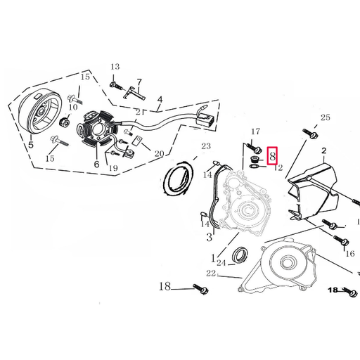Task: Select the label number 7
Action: click(139, 82)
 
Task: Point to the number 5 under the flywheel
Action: click(30, 146)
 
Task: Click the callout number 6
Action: click(96, 164)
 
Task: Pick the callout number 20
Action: click(158, 154)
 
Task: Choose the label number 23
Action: click(205, 146)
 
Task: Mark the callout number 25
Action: click(325, 117)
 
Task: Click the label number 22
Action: click(210, 272)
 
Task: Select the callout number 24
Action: click(221, 263)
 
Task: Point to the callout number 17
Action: click(256, 131)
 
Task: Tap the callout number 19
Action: click(112, 167)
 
